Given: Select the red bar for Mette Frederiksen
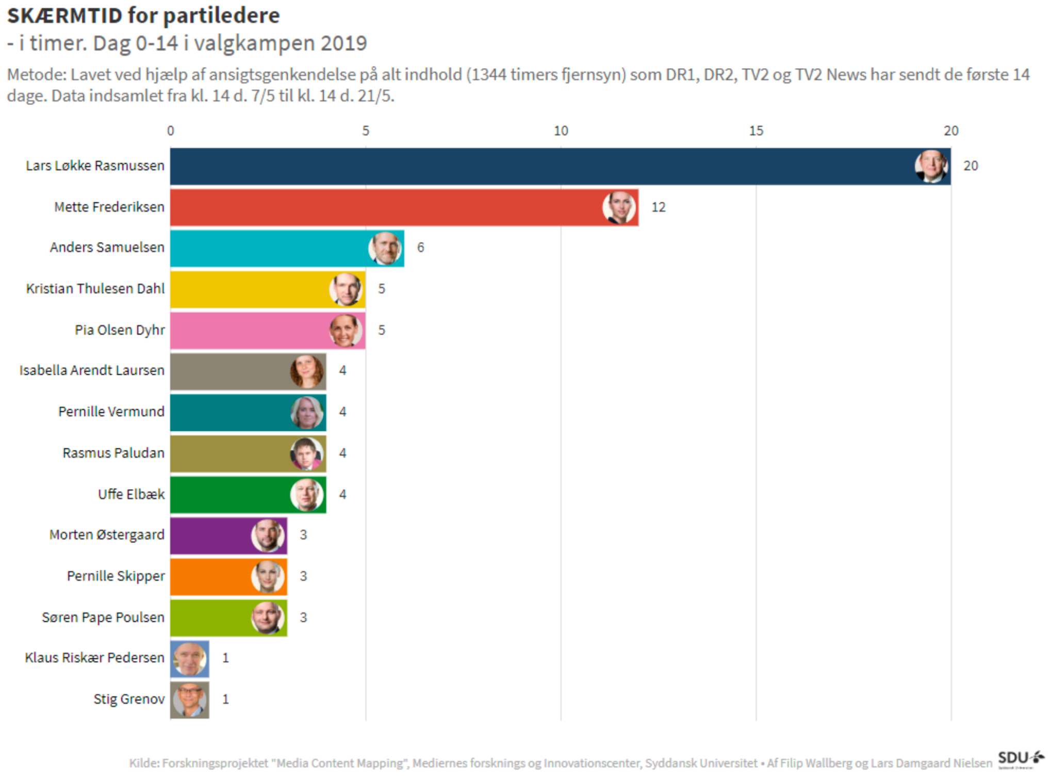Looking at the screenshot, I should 387,207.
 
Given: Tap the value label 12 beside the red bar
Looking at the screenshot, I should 659,207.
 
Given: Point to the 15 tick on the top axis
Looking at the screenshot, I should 756,131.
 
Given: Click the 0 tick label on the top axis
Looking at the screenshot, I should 171,131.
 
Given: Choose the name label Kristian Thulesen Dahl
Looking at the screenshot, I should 95,288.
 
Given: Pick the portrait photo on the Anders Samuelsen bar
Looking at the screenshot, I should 385,248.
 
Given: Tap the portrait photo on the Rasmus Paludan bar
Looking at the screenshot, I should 307,454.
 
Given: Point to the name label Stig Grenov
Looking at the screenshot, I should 129,699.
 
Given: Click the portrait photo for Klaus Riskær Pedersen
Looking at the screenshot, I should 190,659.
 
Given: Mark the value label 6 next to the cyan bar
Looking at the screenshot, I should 421,248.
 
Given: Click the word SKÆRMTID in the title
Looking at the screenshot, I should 64,16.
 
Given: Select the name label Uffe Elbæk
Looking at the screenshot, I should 132,494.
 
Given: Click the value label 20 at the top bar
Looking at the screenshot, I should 971,166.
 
